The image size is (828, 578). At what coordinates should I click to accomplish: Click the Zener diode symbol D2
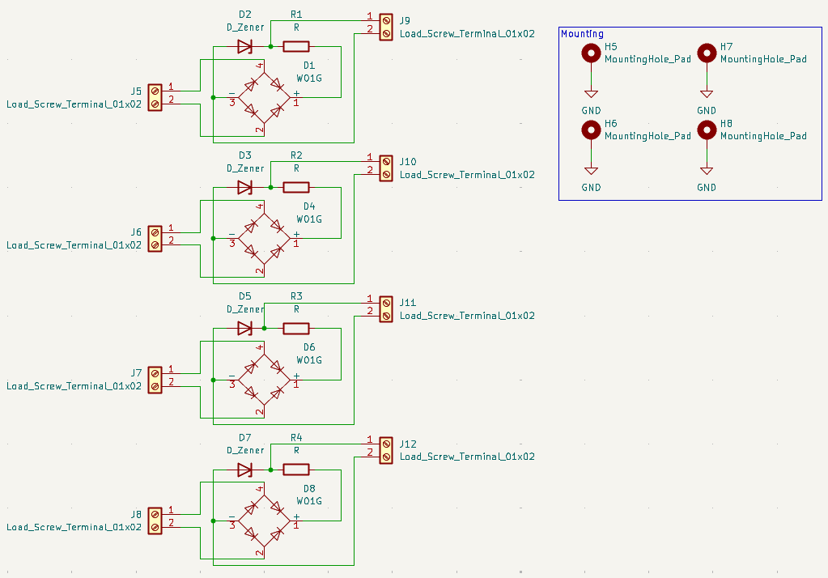[244, 47]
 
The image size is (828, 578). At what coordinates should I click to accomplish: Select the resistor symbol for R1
[295, 47]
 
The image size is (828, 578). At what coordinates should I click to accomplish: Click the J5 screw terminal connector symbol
[155, 95]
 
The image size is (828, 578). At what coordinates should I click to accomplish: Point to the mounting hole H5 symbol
[591, 54]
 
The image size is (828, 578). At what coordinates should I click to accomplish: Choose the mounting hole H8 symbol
[707, 130]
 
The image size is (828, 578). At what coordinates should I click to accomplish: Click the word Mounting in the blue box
[582, 34]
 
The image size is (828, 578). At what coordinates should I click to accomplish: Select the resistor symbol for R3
[295, 329]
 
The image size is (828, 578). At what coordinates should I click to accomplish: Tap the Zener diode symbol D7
[244, 470]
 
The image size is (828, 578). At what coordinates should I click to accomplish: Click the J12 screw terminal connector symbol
[385, 449]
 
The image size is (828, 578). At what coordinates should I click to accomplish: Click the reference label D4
[309, 206]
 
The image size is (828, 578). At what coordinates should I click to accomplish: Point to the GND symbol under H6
[591, 172]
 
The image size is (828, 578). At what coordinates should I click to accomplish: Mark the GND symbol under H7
[707, 95]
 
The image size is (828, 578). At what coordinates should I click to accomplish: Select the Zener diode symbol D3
[244, 188]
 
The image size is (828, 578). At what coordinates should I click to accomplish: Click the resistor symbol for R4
[295, 470]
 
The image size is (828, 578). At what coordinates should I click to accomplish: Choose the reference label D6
[309, 347]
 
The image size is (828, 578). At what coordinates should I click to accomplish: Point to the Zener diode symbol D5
[244, 329]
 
